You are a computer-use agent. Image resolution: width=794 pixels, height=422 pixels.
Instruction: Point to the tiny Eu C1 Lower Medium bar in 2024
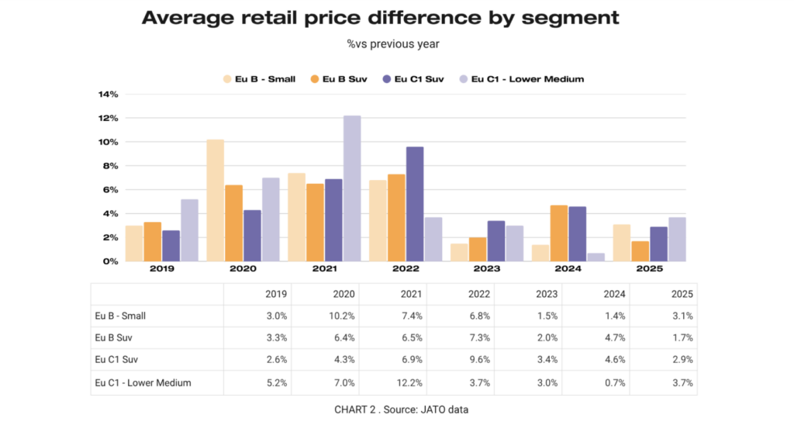[x=596, y=257]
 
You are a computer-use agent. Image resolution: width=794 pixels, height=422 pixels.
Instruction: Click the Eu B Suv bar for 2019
[x=153, y=241]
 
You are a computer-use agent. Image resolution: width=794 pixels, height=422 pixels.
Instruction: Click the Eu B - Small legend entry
[x=259, y=78]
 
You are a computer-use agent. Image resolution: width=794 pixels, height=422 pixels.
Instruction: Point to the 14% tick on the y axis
[x=108, y=95]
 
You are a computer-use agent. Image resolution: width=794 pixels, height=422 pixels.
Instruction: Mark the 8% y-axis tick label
[x=109, y=166]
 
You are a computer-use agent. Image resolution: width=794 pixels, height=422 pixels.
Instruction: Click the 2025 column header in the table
[x=682, y=294]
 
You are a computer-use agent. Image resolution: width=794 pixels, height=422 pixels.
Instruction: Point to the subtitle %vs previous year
[x=393, y=44]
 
